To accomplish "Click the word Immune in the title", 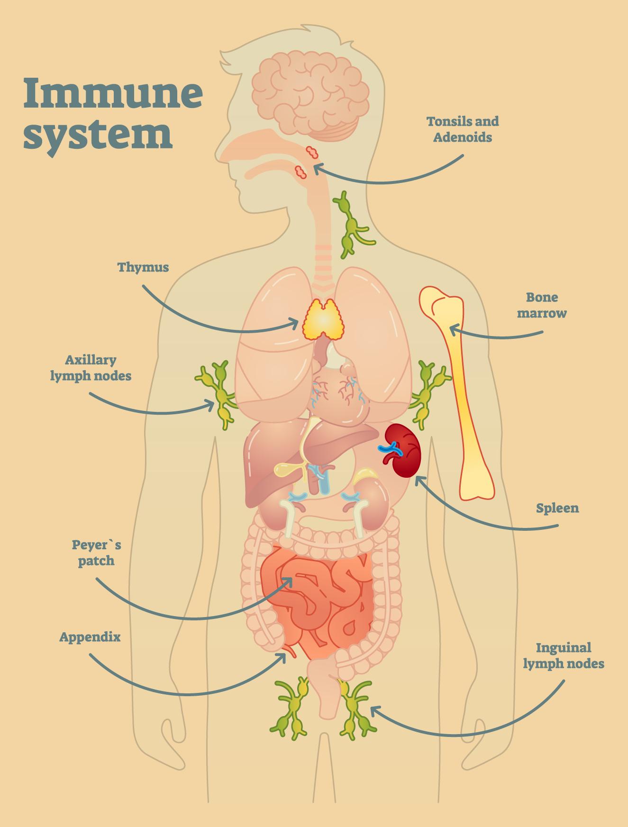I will [113, 93].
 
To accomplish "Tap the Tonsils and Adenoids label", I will [463, 129].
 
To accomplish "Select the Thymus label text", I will [143, 267].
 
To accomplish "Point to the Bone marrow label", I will [542, 305].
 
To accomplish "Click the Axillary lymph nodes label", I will [91, 368].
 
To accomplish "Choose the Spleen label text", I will [557, 509].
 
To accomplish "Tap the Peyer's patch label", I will [96, 553].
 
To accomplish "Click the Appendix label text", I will [90, 637].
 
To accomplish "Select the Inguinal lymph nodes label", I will [564, 655].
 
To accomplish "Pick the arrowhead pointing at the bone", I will [452, 328].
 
